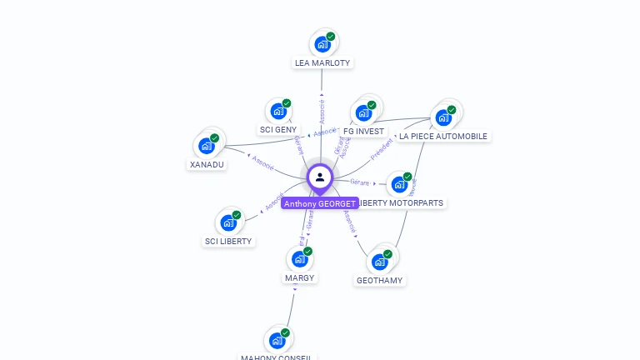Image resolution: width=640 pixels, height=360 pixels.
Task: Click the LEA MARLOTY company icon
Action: (322, 44)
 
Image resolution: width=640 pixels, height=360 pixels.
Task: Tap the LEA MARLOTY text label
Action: (322, 62)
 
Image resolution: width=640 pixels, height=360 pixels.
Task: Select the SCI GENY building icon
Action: (277, 111)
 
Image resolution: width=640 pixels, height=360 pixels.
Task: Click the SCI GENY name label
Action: (278, 130)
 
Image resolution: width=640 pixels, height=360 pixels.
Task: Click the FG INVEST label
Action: (363, 132)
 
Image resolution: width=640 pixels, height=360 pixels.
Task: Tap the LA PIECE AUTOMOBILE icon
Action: (443, 117)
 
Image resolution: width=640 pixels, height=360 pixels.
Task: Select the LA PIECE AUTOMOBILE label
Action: (443, 137)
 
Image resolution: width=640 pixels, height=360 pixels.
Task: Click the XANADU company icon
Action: (206, 146)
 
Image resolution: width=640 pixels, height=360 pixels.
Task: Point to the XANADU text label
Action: (207, 164)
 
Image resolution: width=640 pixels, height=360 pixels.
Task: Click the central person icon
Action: (320, 177)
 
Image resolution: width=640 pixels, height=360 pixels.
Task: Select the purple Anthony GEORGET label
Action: (319, 203)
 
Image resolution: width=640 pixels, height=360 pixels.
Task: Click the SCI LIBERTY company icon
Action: (227, 222)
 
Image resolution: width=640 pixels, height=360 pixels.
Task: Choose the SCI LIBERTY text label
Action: (228, 242)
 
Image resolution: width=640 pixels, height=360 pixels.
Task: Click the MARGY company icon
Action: (299, 259)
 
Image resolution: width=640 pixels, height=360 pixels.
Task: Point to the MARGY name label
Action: (300, 277)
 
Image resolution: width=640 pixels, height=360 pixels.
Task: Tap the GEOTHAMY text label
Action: (380, 281)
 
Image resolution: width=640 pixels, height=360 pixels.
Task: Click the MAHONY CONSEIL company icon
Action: (277, 340)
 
